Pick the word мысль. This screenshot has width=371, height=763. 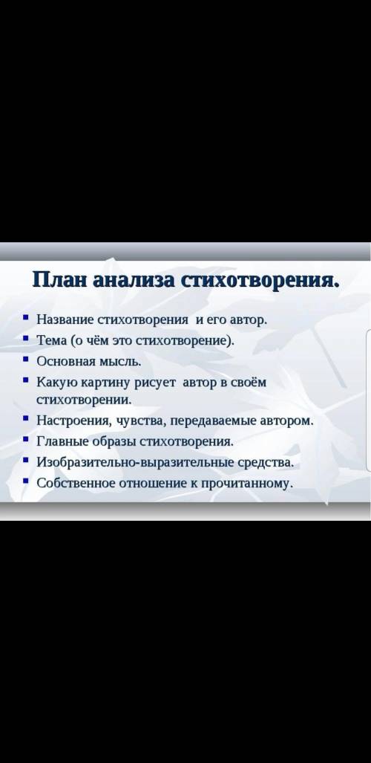coord(120,362)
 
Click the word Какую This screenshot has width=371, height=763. coord(56,383)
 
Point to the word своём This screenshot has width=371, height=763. coord(249,382)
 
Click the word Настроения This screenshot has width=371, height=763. coord(73,421)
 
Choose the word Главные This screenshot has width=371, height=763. coord(62,441)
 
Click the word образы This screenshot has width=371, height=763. coord(112,441)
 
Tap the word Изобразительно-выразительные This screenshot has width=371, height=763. coord(136,462)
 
